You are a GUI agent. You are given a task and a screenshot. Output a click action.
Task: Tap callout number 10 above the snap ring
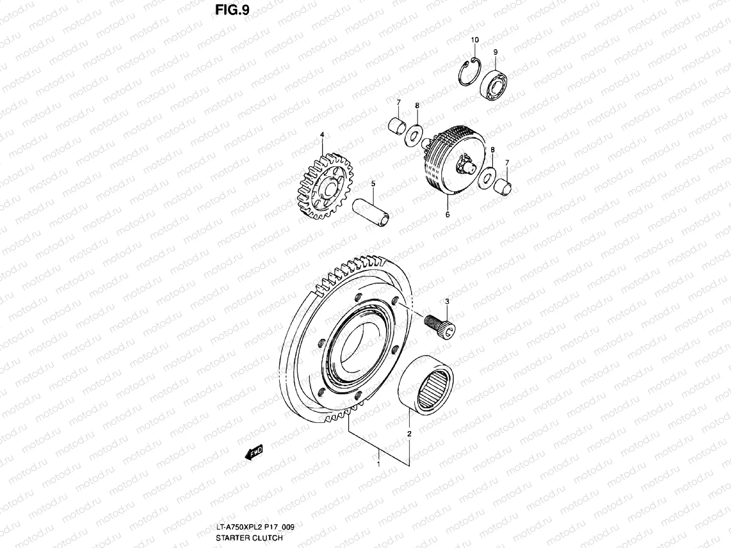[x=475, y=40]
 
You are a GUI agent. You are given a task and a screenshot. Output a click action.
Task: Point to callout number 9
[x=495, y=53]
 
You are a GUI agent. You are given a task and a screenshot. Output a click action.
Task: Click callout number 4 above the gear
[x=322, y=135]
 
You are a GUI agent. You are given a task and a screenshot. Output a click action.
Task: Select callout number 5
[x=373, y=184]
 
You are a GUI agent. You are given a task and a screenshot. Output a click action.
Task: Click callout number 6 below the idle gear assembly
[x=448, y=214]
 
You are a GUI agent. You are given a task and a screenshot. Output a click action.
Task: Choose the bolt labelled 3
[x=441, y=323]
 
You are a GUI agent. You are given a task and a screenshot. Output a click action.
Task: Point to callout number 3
[x=447, y=302]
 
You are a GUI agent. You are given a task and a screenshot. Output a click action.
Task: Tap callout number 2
[x=409, y=433]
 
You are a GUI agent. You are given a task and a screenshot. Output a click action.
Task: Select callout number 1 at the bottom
[x=378, y=464]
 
